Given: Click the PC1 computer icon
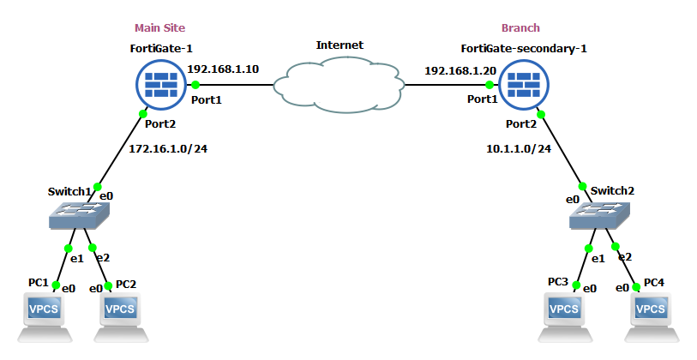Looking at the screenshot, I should coord(44,311).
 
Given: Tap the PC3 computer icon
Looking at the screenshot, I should coord(563,311).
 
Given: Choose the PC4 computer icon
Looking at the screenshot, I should coord(649,311).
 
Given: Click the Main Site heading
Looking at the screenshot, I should coord(159,28).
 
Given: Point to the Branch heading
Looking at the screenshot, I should coord(520,28).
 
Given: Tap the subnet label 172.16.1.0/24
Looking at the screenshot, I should coord(168,148).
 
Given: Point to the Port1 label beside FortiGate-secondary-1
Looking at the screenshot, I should coord(482,99).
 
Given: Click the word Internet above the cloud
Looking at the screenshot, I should coord(339,45).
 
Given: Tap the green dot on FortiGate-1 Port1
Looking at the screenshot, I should coord(195,84).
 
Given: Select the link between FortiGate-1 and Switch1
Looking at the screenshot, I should coord(120,150).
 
